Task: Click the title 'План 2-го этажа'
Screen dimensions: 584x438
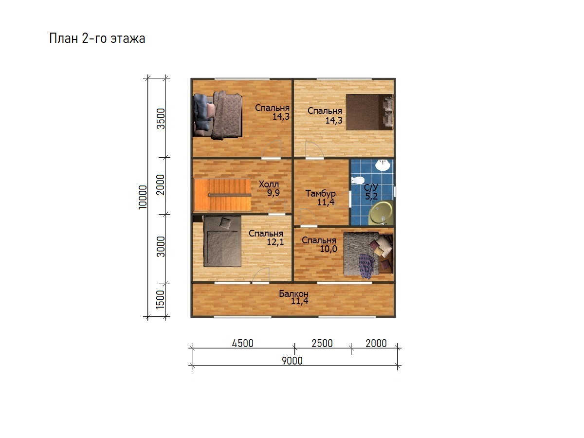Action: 97,38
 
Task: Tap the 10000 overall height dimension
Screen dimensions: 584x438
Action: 143,197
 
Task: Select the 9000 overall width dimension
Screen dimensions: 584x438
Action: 292,361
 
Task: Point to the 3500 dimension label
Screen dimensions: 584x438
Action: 161,119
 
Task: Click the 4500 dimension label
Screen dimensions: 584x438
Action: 242,343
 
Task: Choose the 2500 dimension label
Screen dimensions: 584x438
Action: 322,343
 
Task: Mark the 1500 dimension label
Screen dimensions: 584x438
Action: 161,299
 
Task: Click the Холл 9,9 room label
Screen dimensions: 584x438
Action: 269,188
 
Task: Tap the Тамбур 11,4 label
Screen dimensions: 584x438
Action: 320,198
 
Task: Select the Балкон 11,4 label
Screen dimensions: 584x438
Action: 294,297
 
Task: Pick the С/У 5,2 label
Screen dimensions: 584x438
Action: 371,192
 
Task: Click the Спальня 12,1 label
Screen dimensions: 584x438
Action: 266,237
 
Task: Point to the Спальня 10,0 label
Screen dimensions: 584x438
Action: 319,244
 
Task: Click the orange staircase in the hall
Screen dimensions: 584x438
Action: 222,195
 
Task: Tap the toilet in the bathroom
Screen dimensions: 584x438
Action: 358,181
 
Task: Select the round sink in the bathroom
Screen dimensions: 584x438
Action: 383,165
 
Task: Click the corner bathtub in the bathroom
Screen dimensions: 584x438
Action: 381,213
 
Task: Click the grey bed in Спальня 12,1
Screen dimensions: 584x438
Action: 222,241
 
